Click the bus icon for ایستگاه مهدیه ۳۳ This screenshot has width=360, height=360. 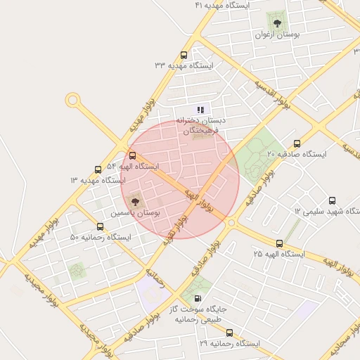tap(184, 55)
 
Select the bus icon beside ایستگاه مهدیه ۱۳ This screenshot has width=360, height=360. tap(98, 169)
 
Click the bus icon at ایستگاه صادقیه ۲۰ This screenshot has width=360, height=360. tap(297, 143)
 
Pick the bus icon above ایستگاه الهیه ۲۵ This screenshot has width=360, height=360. tap(280, 243)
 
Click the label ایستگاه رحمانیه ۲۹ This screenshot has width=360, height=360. tap(229, 344)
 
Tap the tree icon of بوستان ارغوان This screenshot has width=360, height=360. tap(274, 20)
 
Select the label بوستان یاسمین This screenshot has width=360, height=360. tap(136, 212)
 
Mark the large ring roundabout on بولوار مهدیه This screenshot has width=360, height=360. tap(72, 101)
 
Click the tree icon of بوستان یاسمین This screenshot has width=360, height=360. tap(135, 200)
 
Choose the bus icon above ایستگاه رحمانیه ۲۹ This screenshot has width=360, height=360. tap(229, 333)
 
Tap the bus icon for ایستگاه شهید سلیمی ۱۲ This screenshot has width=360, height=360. tap(332, 200)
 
